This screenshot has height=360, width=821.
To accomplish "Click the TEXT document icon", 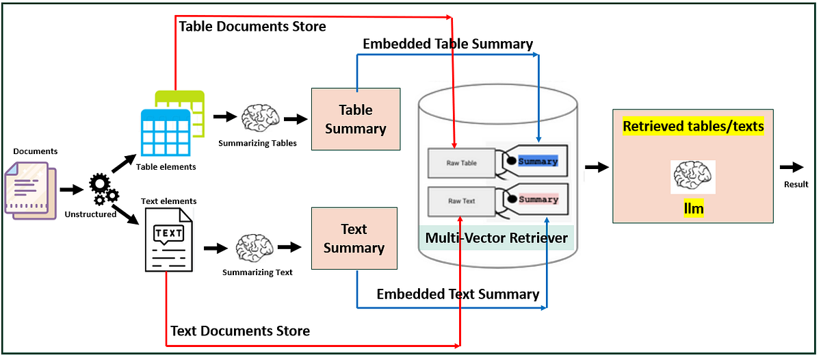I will coord(168,240).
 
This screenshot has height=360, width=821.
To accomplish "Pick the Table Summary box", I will coord(356,119).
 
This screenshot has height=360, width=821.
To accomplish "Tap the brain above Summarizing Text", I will coord(255,246).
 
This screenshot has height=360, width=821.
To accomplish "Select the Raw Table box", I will coord(462,163).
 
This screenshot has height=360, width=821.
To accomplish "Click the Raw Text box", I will coord(462,201).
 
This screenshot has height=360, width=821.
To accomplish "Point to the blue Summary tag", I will coord(538,162).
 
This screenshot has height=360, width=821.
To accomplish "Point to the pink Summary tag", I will coord(538,199).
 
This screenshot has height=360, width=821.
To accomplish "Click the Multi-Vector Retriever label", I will coord(496,237).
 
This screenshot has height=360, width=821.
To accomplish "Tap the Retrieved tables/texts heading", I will coord(693,126).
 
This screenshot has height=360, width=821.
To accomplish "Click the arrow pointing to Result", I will coord(792,167).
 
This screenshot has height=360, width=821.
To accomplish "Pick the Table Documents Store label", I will coord(252,27).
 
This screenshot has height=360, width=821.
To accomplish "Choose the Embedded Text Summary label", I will coord(458,294).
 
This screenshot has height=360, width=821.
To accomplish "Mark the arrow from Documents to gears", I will coord(71,189).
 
